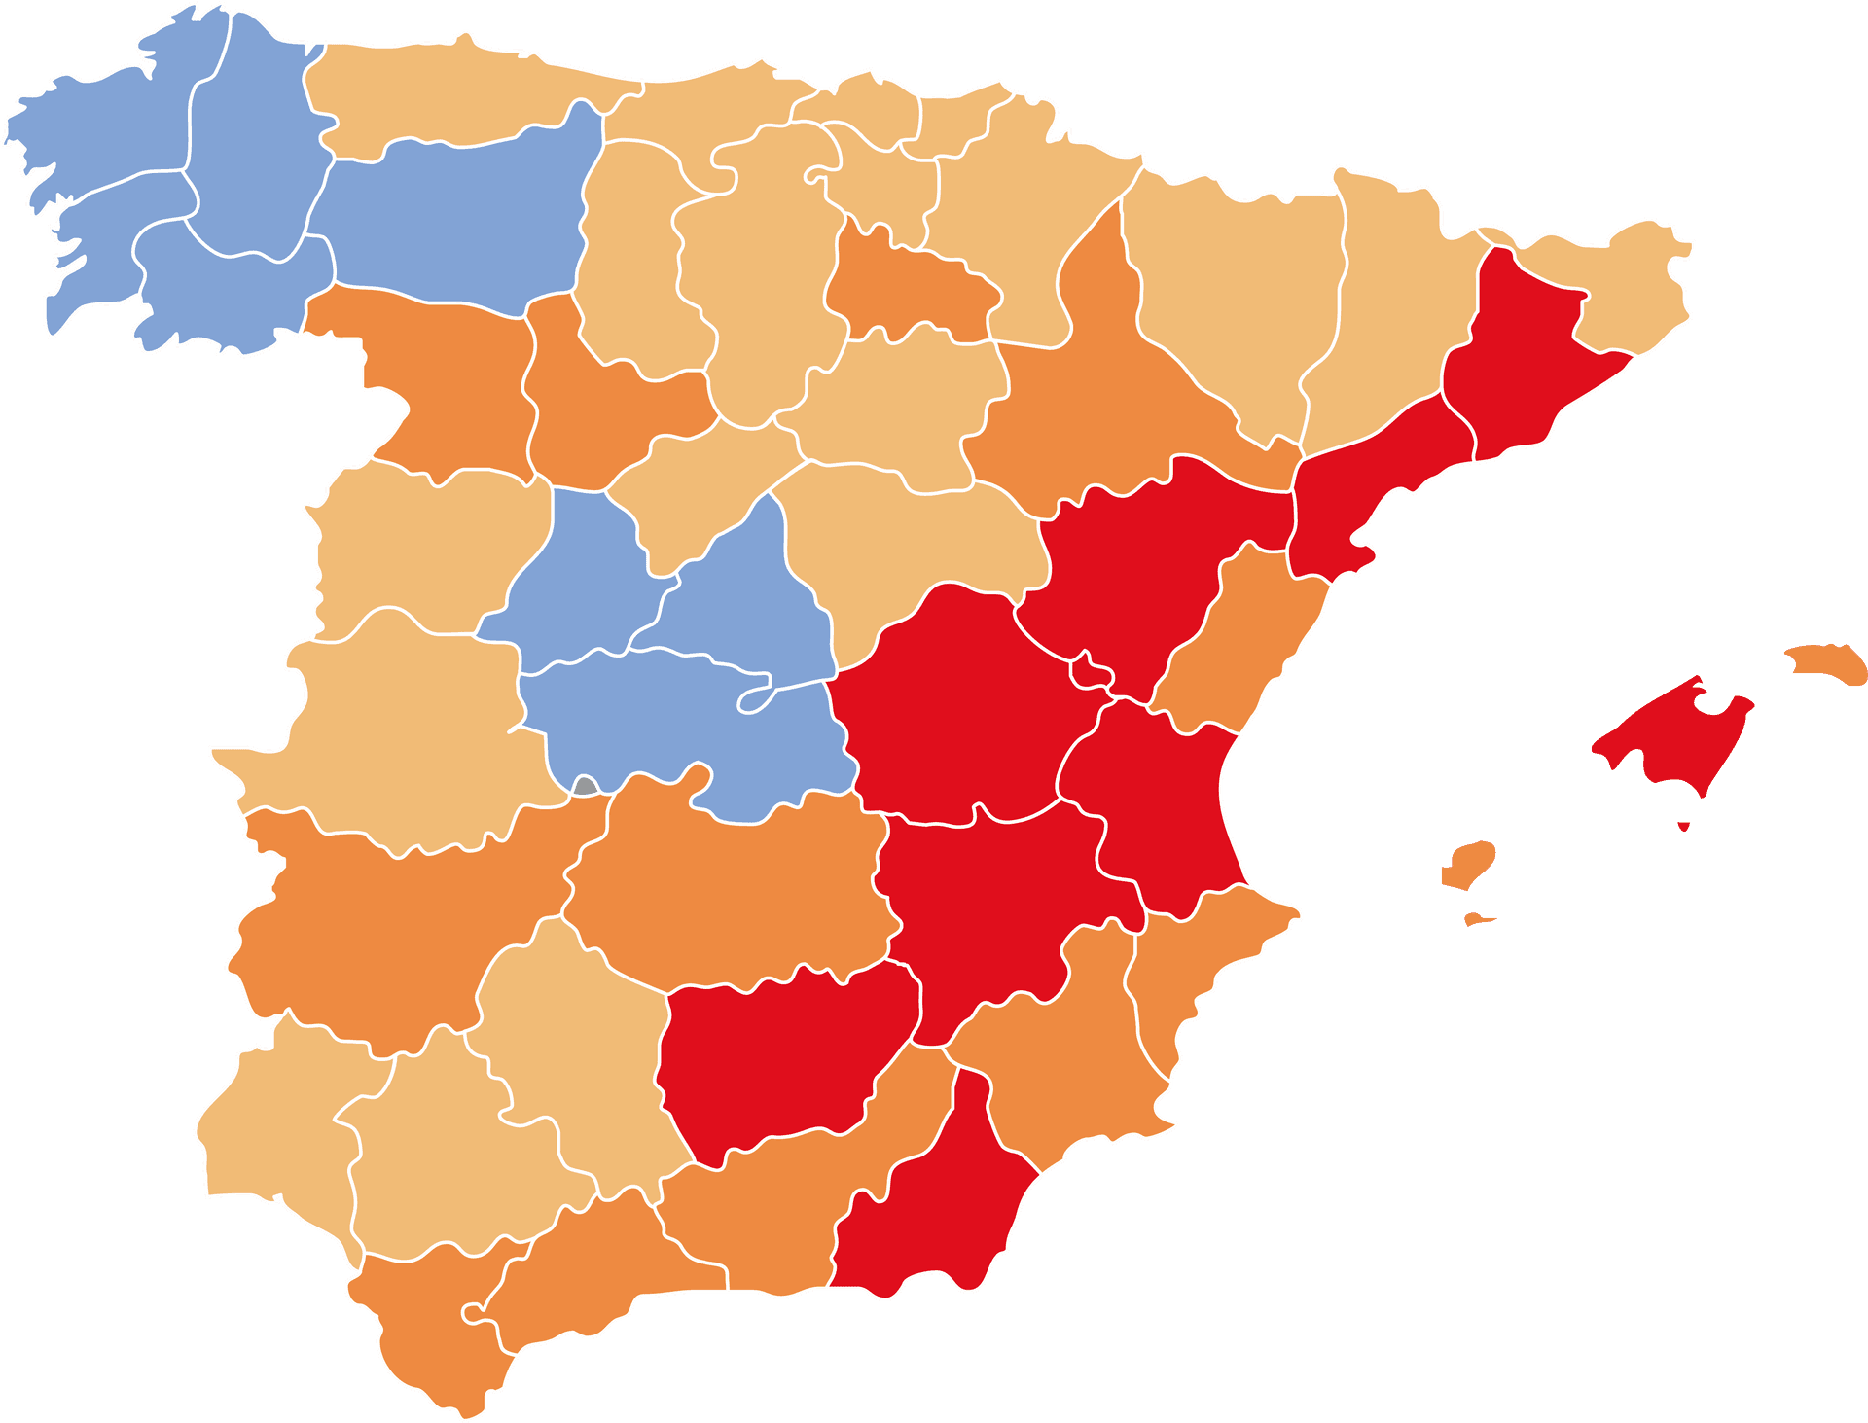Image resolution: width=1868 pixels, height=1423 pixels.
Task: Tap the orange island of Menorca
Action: (x=1828, y=664)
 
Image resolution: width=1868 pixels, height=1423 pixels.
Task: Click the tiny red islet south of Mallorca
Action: (x=1684, y=827)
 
